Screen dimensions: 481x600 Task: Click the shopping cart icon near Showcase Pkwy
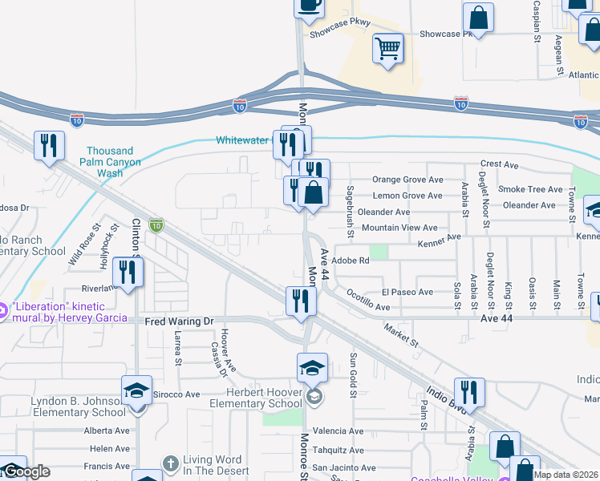[387, 49]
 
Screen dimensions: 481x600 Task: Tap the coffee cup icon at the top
[309, 5]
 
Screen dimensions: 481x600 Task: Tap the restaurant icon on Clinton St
[128, 273]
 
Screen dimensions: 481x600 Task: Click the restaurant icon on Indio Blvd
[469, 393]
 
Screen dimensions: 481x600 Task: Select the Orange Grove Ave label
[407, 180]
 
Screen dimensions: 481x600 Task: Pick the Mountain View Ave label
[399, 228]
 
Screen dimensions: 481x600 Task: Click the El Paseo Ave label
[407, 292]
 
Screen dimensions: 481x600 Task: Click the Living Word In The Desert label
[213, 466]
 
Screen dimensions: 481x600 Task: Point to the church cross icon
[169, 463]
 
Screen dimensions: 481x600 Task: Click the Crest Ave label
[500, 164]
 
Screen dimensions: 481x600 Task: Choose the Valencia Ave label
[338, 431]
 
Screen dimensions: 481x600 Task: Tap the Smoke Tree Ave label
[530, 189]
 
